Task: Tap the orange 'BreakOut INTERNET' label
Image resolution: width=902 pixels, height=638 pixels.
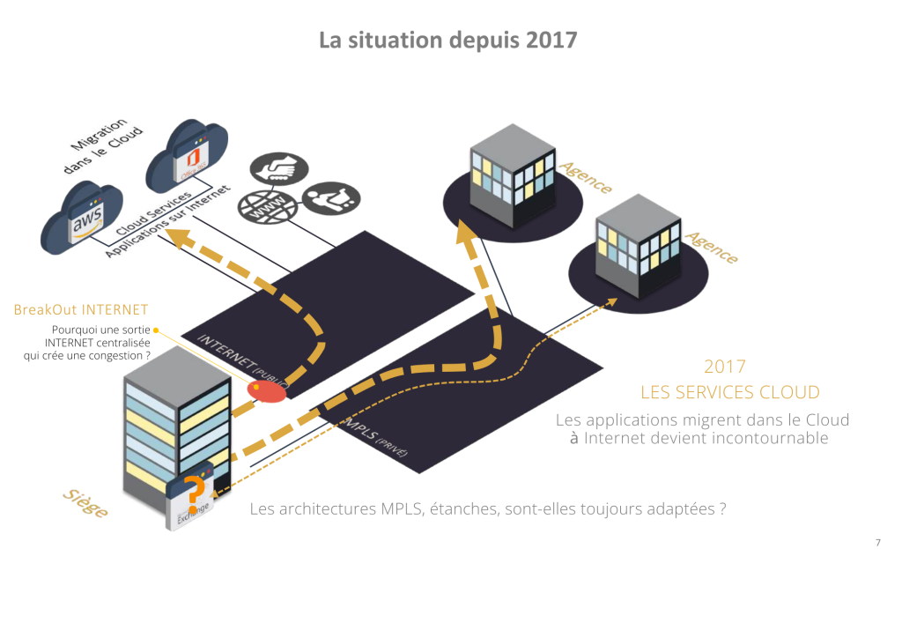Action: (x=81, y=310)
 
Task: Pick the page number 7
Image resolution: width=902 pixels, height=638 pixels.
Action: (x=877, y=543)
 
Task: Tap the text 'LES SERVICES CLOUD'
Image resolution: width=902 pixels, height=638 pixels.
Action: (x=730, y=392)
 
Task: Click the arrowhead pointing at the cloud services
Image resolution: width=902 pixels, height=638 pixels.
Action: (x=177, y=237)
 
